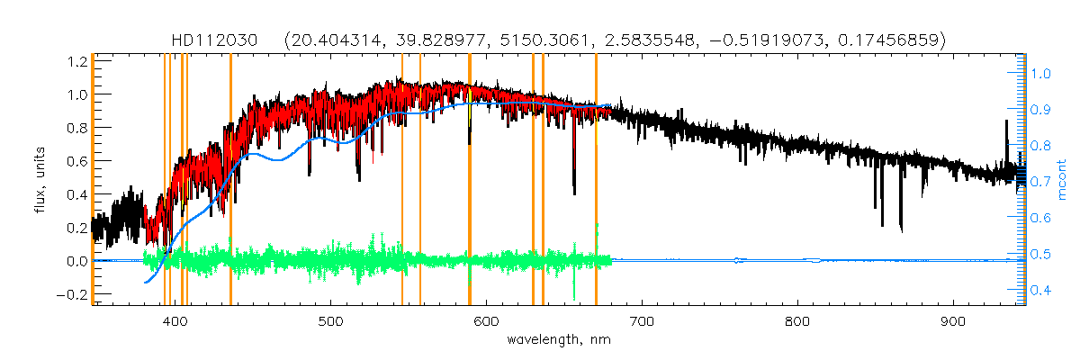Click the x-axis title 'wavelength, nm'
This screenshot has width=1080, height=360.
coord(558,342)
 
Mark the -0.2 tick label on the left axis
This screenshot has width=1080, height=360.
coord(72,294)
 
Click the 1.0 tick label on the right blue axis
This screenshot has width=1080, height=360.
coord(1041,73)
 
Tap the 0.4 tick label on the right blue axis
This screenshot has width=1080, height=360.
coord(1041,291)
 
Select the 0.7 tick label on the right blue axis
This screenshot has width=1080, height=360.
coord(1041,182)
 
